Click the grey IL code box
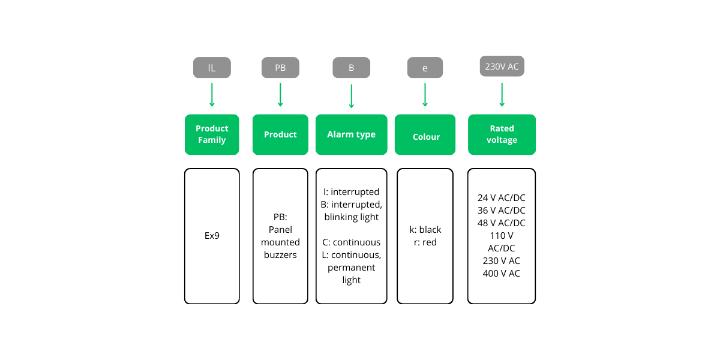212,68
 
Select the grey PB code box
280,68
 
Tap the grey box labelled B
352,68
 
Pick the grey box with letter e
425,68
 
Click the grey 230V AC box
502,67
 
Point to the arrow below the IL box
212,95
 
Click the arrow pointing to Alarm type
352,96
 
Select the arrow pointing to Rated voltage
502,94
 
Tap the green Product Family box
212,134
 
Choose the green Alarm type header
352,134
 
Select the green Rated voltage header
502,134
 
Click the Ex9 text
212,236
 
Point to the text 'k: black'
425,230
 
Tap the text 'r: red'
425,242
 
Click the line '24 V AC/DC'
502,198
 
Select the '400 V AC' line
502,274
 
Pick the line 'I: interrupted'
352,192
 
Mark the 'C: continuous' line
352,242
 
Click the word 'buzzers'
280,255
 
